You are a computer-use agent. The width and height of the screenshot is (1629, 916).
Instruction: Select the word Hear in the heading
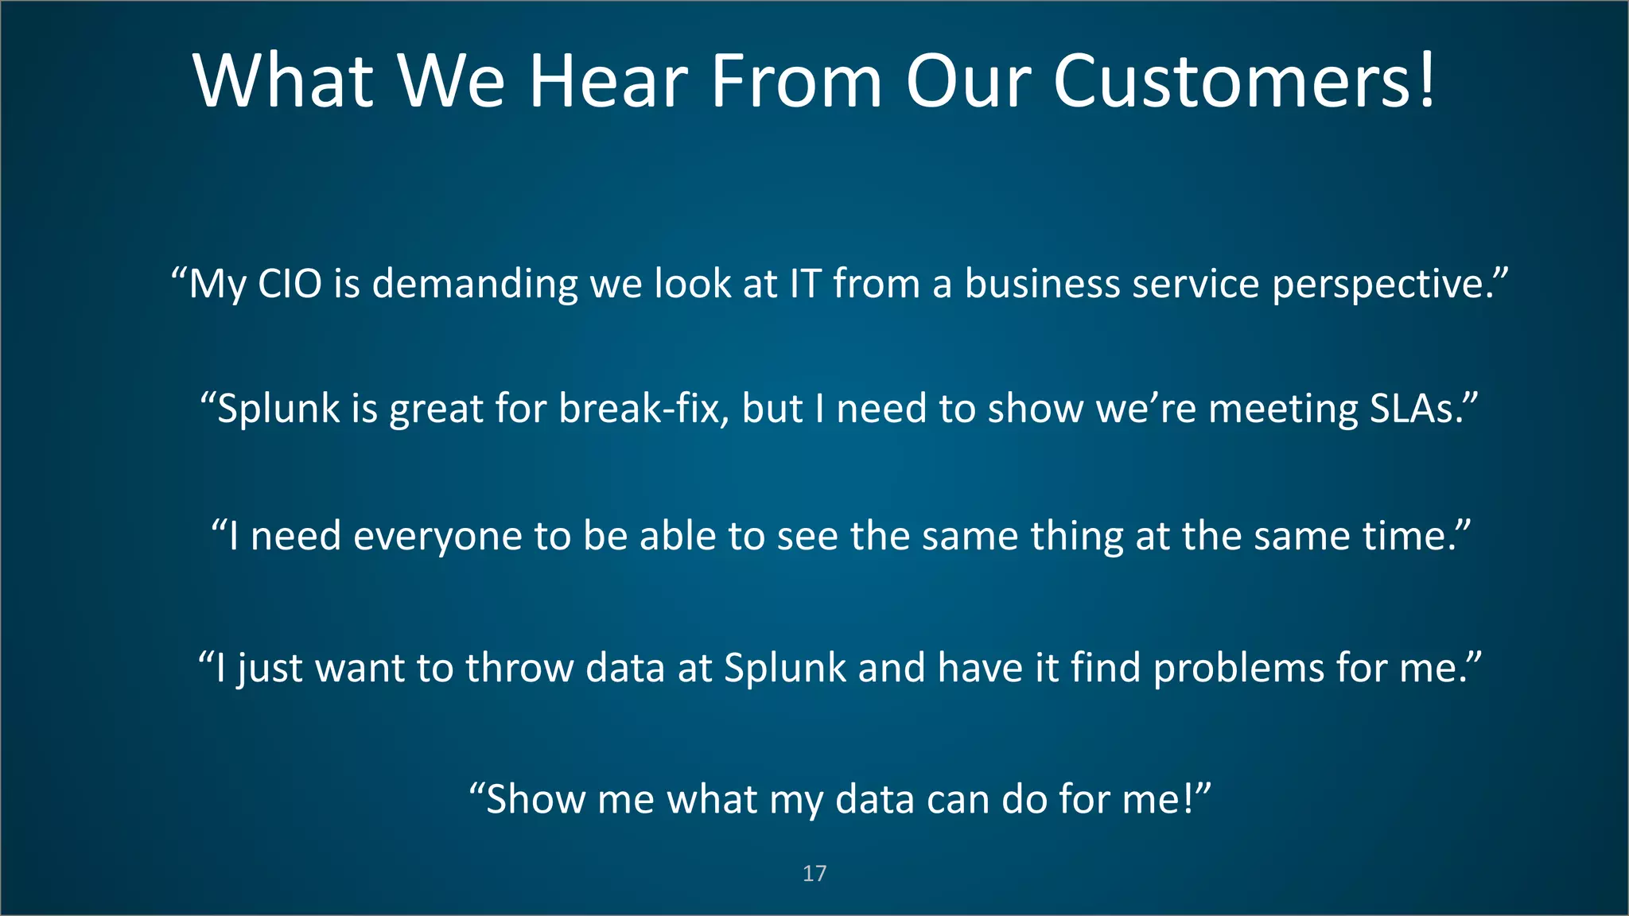pyautogui.click(x=608, y=81)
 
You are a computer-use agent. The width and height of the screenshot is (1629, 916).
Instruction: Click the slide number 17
pyautogui.click(x=814, y=873)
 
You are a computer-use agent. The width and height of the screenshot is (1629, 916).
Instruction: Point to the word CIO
pyautogui.click(x=290, y=284)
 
